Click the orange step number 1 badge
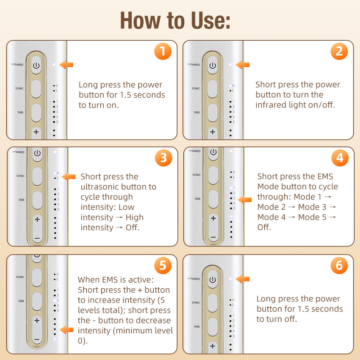click(x=163, y=51)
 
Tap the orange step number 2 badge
click(x=339, y=51)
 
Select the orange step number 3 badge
click(x=163, y=158)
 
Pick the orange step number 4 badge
click(x=340, y=158)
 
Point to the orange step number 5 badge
click(x=163, y=265)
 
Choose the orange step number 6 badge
click(x=339, y=265)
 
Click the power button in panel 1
click(x=36, y=65)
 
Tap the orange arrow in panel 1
click(x=66, y=65)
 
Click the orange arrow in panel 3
click(x=69, y=177)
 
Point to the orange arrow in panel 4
click(x=245, y=200)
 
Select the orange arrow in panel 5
click(x=67, y=330)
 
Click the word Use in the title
click(x=208, y=21)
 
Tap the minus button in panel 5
click(x=37, y=339)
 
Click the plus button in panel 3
click(x=37, y=219)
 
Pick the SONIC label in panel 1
click(x=19, y=89)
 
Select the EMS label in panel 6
click(x=197, y=327)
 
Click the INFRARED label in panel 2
click(x=193, y=64)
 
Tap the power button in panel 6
click(x=212, y=279)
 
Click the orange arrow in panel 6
click(x=242, y=279)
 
